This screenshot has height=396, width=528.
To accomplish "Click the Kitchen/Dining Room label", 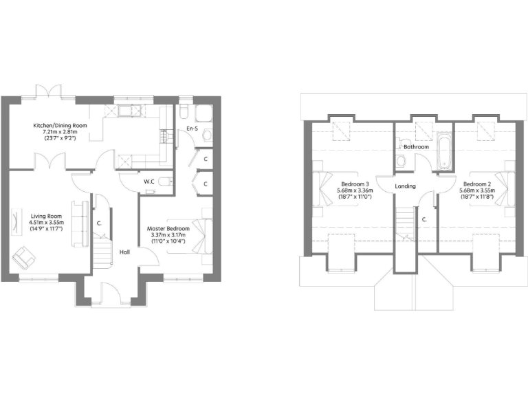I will pos(55,126).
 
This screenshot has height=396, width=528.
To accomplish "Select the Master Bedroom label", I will pos(168,229).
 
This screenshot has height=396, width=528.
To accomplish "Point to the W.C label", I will pos(148,181).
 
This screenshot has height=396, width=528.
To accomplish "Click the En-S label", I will pos(192,129).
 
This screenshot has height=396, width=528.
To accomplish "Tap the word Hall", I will pos(124,252).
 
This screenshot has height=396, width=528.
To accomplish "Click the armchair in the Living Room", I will pos(24,257).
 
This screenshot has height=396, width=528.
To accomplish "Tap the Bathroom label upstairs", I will pos(416,147).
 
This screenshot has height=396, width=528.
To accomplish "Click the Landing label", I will pos(404,186).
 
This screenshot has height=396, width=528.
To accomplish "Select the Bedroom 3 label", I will pos(353,184).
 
